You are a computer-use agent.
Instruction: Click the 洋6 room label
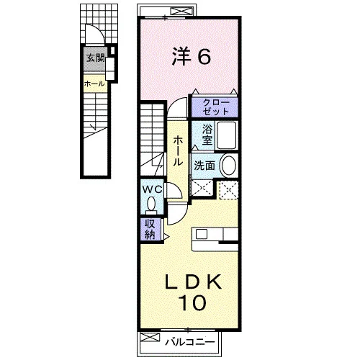[x=192, y=56]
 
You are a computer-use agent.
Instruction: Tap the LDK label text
[x=193, y=282]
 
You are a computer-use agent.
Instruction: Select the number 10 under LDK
[x=192, y=302]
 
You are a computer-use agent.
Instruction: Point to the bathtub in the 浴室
[x=227, y=135]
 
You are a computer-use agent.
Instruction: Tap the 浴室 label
[x=207, y=135]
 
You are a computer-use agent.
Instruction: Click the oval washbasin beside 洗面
[x=228, y=165]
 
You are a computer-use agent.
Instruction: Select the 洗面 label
[x=204, y=166]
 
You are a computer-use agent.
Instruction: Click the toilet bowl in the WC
[x=151, y=204]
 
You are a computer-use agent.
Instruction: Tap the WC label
[x=152, y=189]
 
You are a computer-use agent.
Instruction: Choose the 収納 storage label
[x=150, y=230]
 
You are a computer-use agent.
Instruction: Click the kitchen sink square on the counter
[x=202, y=234]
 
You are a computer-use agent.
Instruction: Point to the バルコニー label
[x=190, y=342]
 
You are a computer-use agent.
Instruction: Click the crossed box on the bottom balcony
[x=150, y=337]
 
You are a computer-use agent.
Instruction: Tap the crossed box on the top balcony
[x=183, y=12]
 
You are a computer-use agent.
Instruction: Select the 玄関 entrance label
[x=95, y=58]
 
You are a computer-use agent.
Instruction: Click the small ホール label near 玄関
[x=94, y=84]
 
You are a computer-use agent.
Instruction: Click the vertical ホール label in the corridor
[x=178, y=150]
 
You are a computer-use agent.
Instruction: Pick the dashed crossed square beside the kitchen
[x=229, y=190]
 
